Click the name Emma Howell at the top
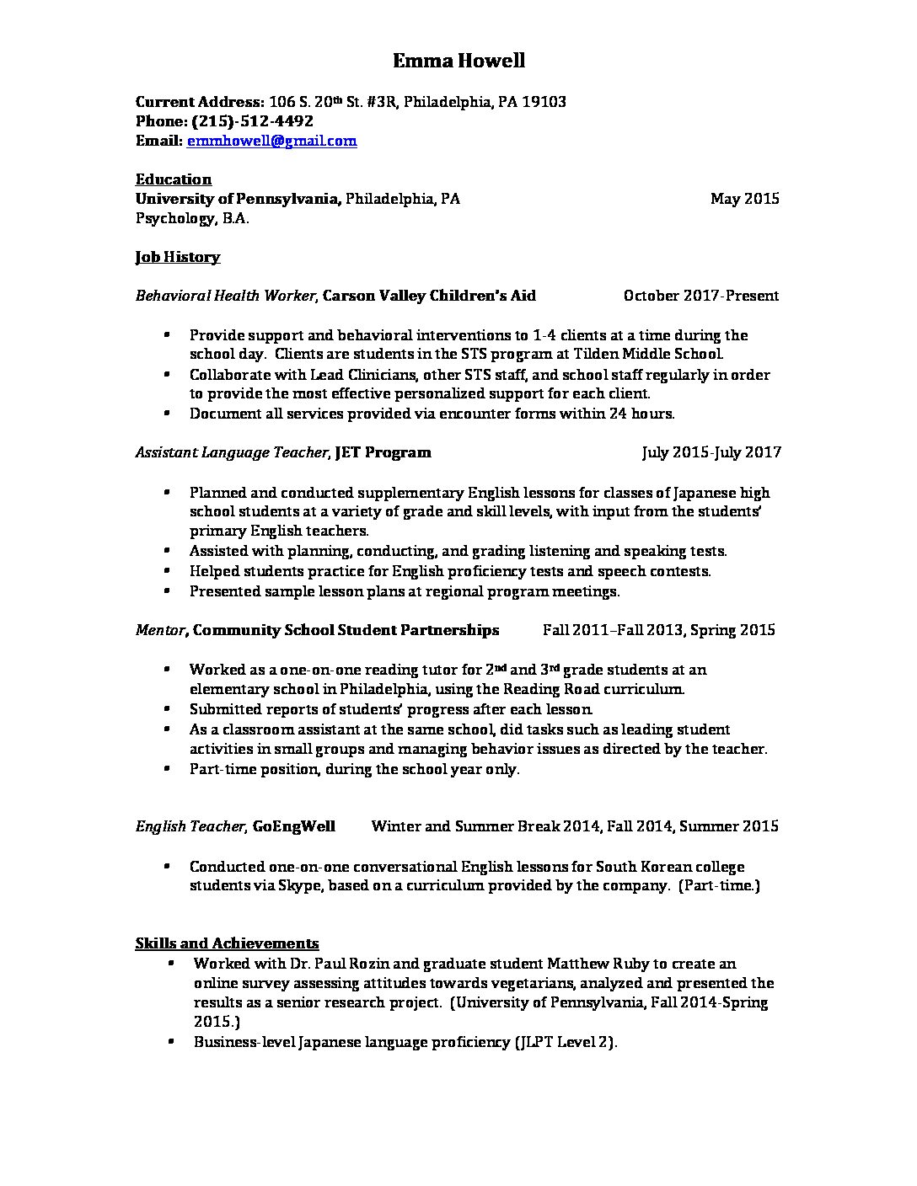(x=458, y=61)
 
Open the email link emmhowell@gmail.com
(x=271, y=142)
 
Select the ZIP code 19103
(x=544, y=102)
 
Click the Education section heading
(x=174, y=179)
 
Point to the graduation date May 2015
(x=744, y=199)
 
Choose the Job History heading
(x=178, y=257)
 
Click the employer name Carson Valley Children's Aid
(x=429, y=296)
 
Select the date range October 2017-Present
(x=700, y=296)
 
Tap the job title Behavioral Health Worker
(x=225, y=296)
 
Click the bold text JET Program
(x=383, y=452)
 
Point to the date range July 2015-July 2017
(x=711, y=452)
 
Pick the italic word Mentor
(x=159, y=630)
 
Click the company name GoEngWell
(x=293, y=826)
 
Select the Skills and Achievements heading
(x=227, y=943)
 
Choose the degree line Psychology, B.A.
(x=192, y=219)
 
